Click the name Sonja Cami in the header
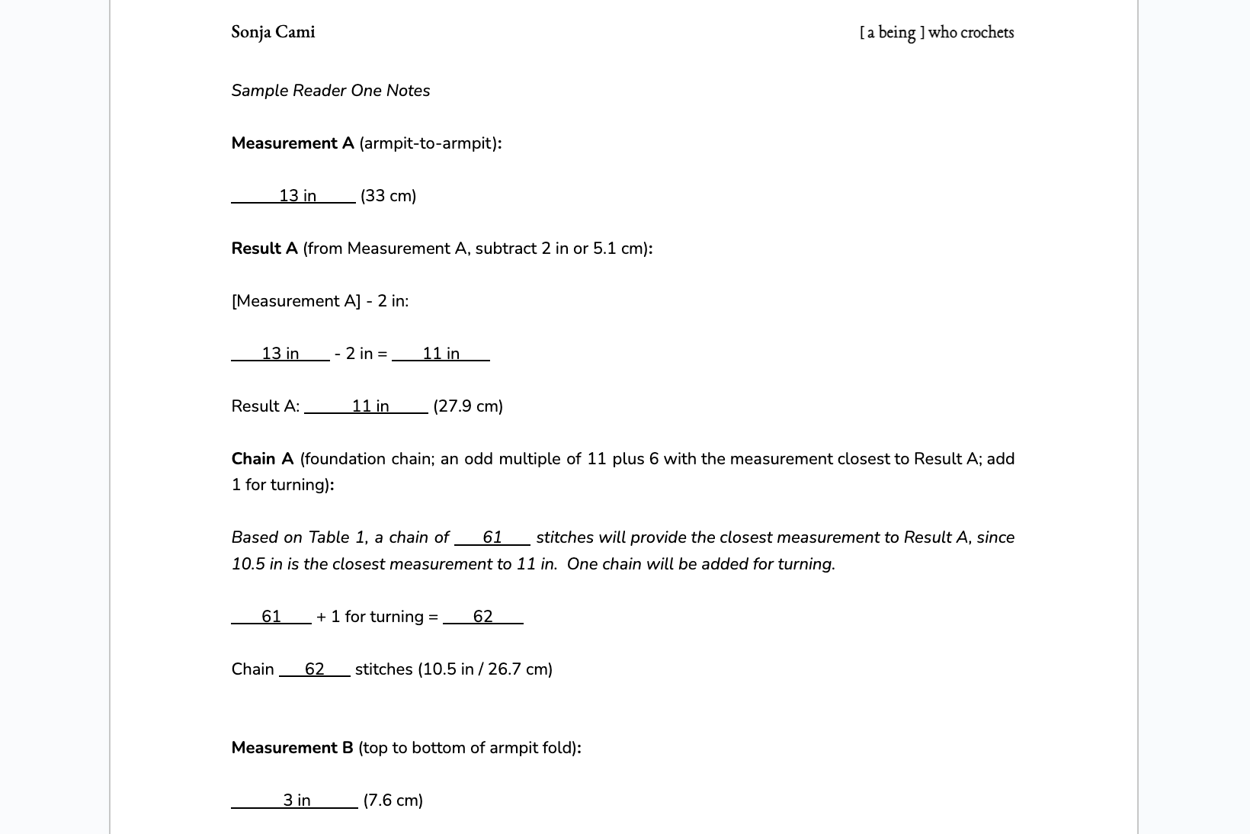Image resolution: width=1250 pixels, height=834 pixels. pyautogui.click(x=273, y=32)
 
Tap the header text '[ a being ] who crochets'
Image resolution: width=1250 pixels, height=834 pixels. pyautogui.click(x=936, y=32)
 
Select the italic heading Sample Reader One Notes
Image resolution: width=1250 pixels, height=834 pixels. pyautogui.click(x=330, y=91)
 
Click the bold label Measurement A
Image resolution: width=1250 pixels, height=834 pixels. pyautogui.click(x=293, y=143)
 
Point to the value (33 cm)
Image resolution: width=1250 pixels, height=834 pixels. pyautogui.click(x=388, y=196)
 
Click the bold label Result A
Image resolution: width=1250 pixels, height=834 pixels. pyautogui.click(x=264, y=249)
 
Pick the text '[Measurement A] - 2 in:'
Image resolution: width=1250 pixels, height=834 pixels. pyautogui.click(x=319, y=301)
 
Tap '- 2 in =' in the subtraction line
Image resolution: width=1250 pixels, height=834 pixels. pyautogui.click(x=361, y=354)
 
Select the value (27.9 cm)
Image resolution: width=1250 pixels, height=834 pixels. pyautogui.click(x=468, y=406)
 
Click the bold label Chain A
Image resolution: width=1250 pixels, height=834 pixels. pyautogui.click(x=262, y=459)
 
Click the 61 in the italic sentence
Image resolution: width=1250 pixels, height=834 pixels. pyautogui.click(x=492, y=537)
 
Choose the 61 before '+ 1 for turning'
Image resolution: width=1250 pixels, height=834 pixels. pyautogui.click(x=271, y=617)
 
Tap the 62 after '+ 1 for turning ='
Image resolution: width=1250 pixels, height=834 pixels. pyautogui.click(x=482, y=617)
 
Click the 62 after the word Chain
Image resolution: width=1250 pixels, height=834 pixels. pyautogui.click(x=314, y=669)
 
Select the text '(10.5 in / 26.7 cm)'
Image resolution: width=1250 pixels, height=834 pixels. pyautogui.click(x=485, y=669)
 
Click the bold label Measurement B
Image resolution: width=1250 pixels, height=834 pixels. pyautogui.click(x=292, y=748)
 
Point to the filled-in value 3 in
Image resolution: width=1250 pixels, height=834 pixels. pyautogui.click(x=296, y=800)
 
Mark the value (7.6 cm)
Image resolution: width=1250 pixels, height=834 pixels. pyautogui.click(x=393, y=800)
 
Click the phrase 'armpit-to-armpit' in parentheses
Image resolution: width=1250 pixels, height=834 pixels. pyautogui.click(x=428, y=143)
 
